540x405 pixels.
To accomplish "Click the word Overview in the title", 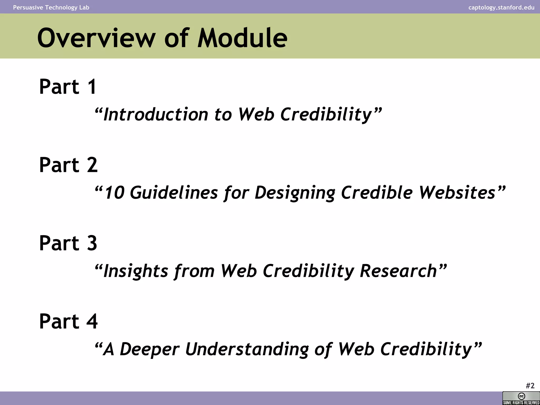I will click(x=96, y=38).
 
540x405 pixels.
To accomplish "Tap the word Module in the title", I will click(x=242, y=38).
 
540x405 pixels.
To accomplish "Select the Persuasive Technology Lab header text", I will click(x=51, y=7).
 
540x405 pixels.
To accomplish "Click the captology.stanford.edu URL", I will click(x=501, y=7).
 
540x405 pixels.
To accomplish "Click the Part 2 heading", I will click(x=68, y=165).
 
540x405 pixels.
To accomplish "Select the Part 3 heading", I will click(x=68, y=243).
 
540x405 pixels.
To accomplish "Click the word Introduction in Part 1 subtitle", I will click(x=156, y=114).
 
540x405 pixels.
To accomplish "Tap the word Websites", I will click(x=457, y=192).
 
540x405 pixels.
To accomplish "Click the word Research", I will click(x=398, y=271).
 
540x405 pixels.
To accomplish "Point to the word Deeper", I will click(x=150, y=349).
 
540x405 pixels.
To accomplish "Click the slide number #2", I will click(x=530, y=386).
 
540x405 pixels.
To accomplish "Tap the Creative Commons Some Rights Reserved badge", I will click(x=521, y=398).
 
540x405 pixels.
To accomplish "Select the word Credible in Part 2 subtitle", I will click(x=377, y=192).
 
